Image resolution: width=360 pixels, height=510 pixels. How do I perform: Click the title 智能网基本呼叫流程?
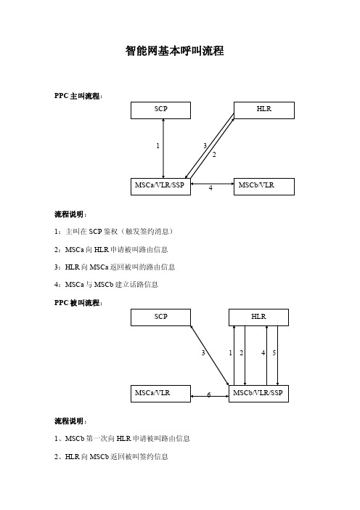point(175,51)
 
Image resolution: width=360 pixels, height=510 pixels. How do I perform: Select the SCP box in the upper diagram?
point(160,110)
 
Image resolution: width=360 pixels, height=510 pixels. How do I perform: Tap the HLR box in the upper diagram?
point(264,110)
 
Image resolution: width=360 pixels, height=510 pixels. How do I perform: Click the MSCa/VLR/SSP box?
point(160,187)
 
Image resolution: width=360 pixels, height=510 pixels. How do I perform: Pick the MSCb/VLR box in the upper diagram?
point(264,187)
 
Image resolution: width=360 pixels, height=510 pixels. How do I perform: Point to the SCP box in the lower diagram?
point(160,317)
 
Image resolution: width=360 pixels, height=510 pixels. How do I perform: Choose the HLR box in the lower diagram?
point(258,317)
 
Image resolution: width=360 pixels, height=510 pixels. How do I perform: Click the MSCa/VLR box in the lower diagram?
point(160,394)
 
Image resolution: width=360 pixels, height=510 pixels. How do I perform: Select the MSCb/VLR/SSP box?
point(258,394)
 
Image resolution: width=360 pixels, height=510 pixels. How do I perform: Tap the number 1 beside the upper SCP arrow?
point(158,146)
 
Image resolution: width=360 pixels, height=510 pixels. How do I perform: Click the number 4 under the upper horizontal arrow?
point(210,188)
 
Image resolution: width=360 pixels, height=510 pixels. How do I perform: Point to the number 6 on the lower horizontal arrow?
point(209,395)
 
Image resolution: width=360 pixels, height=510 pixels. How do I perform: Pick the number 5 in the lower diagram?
point(274,352)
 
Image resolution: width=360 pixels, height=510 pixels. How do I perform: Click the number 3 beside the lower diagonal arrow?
point(203,352)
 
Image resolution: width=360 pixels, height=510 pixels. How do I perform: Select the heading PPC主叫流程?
point(78,96)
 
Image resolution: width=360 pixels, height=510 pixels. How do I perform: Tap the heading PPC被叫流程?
point(78,303)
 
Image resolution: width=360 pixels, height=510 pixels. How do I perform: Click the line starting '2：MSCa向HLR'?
point(111,249)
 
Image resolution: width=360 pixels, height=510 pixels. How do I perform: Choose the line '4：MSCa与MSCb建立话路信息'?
point(106,284)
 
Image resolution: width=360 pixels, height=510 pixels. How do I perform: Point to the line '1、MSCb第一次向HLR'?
point(122,439)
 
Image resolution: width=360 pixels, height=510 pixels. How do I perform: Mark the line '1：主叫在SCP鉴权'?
point(114,231)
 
